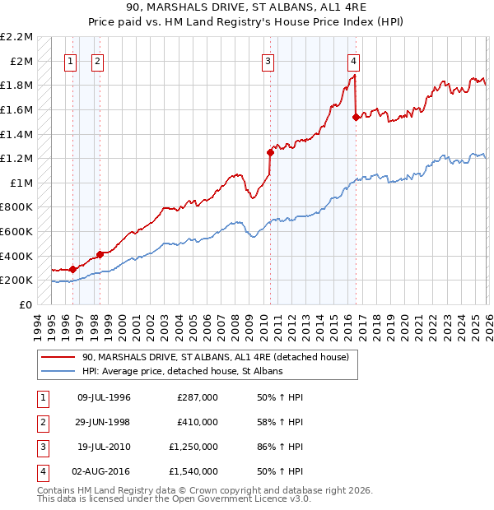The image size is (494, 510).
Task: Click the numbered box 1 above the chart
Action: (x=70, y=60)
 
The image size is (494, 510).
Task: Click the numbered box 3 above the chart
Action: (x=268, y=60)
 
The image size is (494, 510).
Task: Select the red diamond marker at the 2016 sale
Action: (x=356, y=117)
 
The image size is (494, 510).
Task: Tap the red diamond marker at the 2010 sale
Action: (x=270, y=152)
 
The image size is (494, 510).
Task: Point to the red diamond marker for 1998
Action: (x=100, y=254)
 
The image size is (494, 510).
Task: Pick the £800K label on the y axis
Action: (x=17, y=207)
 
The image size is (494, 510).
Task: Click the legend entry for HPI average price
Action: (x=182, y=372)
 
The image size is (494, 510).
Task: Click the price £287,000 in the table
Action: (x=197, y=397)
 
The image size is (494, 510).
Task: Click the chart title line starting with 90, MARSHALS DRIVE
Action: (x=247, y=9)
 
